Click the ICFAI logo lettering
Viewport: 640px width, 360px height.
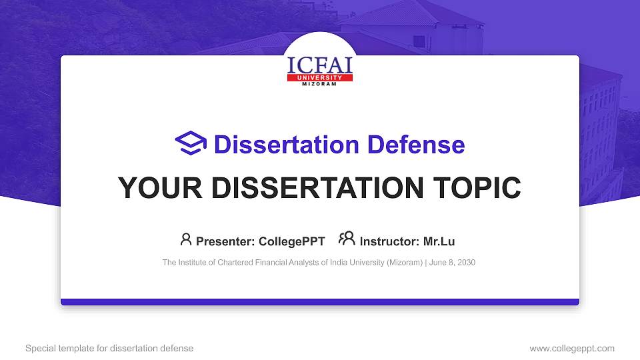319,65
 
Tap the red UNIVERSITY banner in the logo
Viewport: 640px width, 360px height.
319,77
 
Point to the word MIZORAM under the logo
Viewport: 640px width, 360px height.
319,84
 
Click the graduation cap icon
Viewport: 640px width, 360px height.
191,144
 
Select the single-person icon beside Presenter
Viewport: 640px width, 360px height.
186,239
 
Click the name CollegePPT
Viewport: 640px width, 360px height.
291,241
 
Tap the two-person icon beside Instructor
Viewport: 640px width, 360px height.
347,239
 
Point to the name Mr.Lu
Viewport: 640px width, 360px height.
439,241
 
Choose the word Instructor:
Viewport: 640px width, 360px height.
390,241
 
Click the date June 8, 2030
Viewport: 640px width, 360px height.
453,263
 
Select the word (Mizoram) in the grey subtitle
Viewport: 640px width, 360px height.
404,263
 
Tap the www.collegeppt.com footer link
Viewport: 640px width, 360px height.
571,348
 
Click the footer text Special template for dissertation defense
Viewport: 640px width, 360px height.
109,348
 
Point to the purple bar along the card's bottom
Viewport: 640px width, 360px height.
319,302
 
